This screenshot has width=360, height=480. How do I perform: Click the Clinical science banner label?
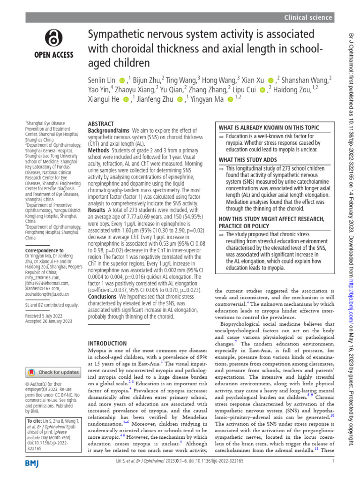[x=308, y=18]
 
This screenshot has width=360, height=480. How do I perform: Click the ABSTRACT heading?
[x=101, y=124]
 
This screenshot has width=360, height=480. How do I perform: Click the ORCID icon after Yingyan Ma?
[x=230, y=99]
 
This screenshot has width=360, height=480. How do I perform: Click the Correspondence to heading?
[x=44, y=251]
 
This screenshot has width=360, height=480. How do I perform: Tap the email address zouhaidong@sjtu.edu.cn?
[x=47, y=294]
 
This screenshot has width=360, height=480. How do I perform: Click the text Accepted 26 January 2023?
[x=48, y=321]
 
